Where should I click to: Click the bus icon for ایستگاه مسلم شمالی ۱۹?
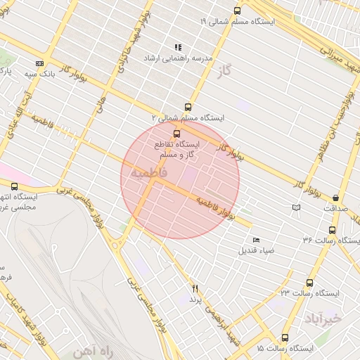(x=237, y=11)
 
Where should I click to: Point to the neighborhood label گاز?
(x=225, y=71)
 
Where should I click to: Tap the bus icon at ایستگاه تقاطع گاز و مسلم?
(x=176, y=133)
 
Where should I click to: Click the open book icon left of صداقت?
(x=296, y=207)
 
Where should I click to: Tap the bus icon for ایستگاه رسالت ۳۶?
(x=332, y=229)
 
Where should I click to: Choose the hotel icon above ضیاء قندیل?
(x=255, y=240)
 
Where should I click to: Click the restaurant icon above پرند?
(x=195, y=288)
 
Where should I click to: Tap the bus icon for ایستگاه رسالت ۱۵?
(x=285, y=337)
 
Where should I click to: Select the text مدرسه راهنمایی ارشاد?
(x=172, y=58)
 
